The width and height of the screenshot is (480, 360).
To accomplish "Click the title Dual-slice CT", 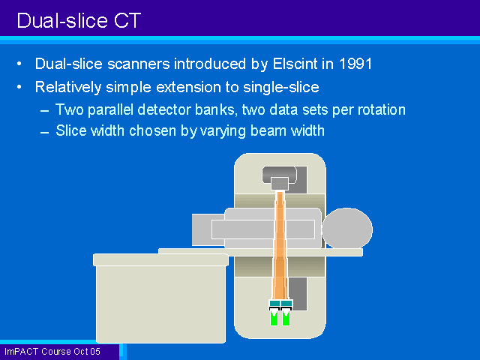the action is (79, 20).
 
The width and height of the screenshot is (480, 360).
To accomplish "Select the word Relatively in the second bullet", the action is (68, 87).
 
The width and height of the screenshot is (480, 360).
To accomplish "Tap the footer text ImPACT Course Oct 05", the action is (52, 352).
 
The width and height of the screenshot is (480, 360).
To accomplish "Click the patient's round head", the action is (347, 228).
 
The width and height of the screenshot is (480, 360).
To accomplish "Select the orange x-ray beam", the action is (280, 245).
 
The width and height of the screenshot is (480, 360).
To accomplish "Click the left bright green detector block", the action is (274, 318).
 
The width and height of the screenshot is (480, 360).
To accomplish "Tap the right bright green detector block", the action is (286, 318).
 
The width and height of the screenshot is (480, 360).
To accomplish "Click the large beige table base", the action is (160, 298).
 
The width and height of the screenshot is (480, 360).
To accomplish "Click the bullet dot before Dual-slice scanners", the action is (19, 64).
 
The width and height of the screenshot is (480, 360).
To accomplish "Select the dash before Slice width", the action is (45, 133).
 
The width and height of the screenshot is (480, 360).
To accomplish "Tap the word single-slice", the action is (281, 87).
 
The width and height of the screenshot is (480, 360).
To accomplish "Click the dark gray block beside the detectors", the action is (298, 294).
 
